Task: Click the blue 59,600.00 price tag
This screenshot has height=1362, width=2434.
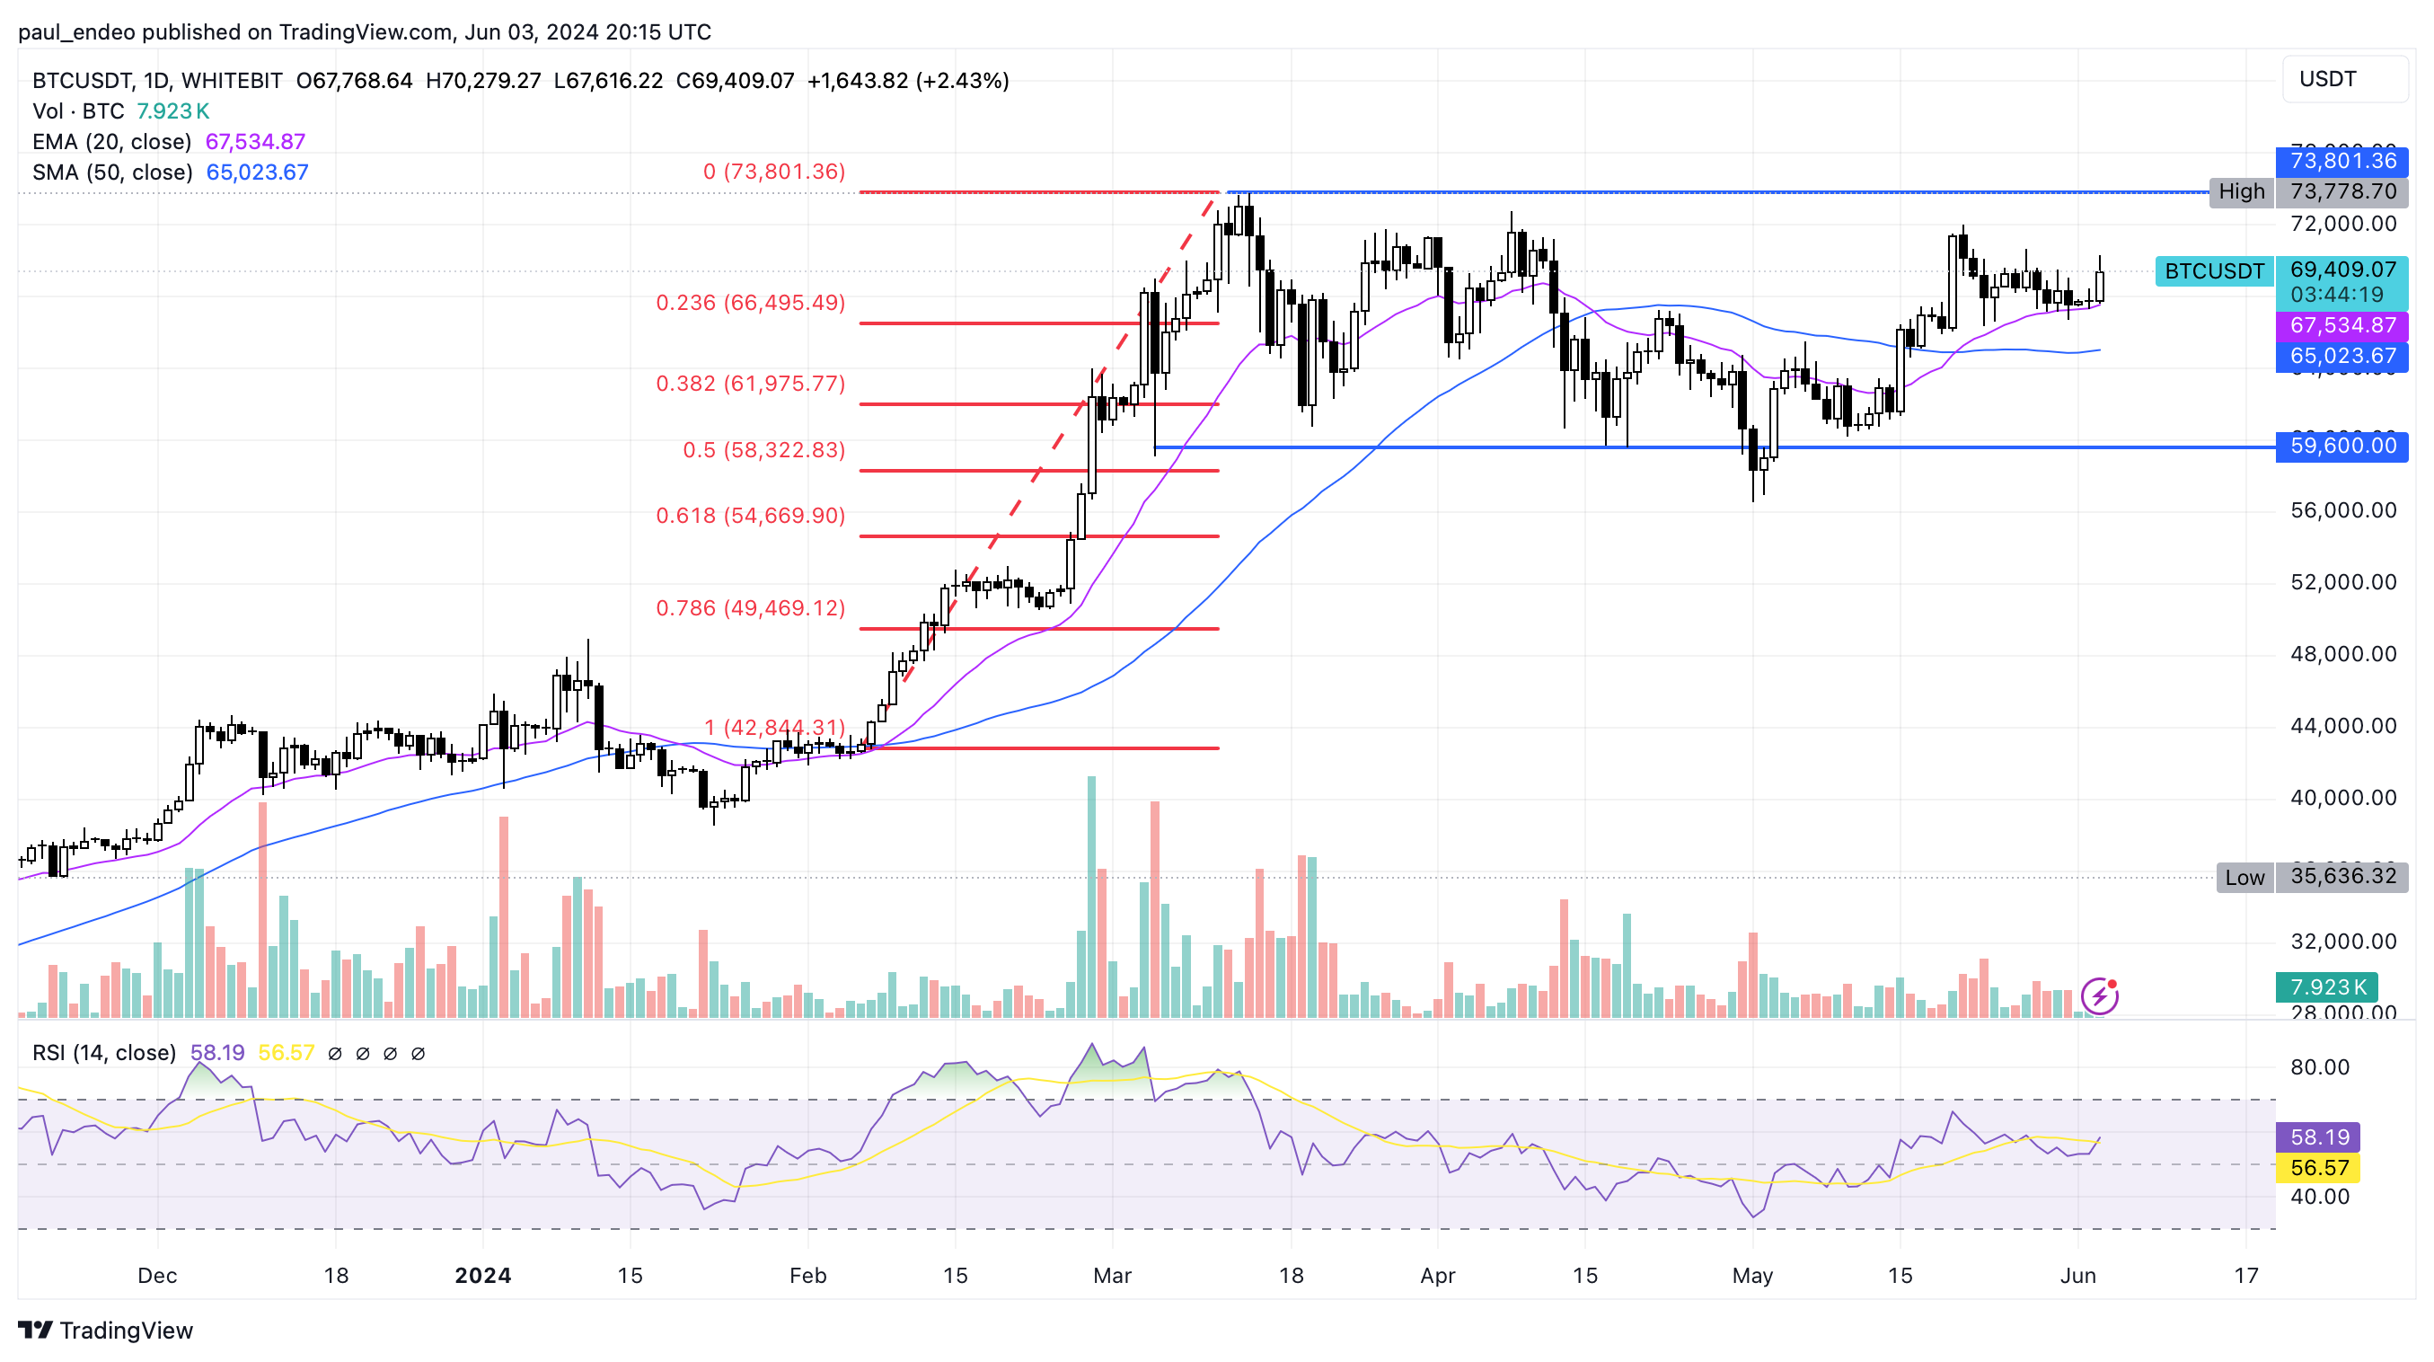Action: pyautogui.click(x=2341, y=447)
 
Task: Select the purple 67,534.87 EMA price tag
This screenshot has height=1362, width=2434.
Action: pyautogui.click(x=2341, y=326)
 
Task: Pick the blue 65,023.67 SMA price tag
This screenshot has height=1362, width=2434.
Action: pyautogui.click(x=2341, y=357)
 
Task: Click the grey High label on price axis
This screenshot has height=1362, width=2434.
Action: pyautogui.click(x=2240, y=192)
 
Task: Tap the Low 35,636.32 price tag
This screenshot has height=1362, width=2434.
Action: pyautogui.click(x=2342, y=876)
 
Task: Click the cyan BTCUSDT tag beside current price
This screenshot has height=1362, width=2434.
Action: pyautogui.click(x=2213, y=271)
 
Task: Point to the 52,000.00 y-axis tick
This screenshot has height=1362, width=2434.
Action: pyautogui.click(x=2342, y=582)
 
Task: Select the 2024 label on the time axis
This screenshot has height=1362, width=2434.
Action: pyautogui.click(x=483, y=1275)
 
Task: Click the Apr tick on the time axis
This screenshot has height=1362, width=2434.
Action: pyautogui.click(x=1437, y=1275)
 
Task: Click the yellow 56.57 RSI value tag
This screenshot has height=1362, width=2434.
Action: pyautogui.click(x=2318, y=1167)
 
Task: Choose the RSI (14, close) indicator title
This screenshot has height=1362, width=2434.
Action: pyautogui.click(x=104, y=1053)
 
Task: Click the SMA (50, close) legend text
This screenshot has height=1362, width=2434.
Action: pyautogui.click(x=112, y=172)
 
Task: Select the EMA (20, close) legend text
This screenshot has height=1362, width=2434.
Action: pyautogui.click(x=111, y=142)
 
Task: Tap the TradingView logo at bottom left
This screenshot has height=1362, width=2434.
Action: pyautogui.click(x=106, y=1330)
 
